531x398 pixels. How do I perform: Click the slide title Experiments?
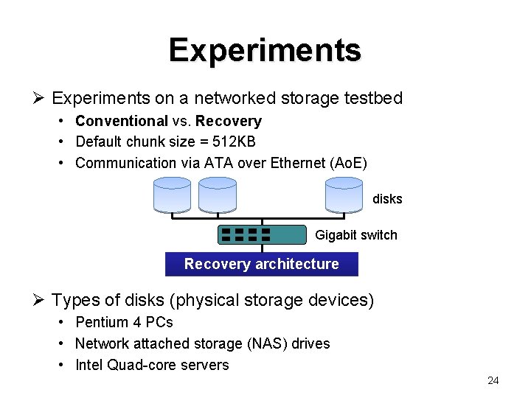(x=265, y=50)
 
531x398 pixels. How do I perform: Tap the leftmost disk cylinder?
(x=172, y=195)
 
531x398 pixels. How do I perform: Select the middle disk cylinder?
(x=218, y=195)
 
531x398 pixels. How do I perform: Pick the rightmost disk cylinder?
(x=344, y=195)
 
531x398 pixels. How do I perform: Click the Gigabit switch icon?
(x=262, y=234)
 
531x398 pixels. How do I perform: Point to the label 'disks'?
(x=387, y=199)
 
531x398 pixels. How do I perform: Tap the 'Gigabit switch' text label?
(x=355, y=235)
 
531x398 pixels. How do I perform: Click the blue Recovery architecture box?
(x=262, y=264)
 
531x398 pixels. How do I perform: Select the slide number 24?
(x=493, y=380)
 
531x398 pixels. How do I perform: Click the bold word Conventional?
(x=122, y=121)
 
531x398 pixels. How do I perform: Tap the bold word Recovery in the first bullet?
(x=229, y=121)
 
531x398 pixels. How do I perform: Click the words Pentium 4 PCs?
(x=124, y=322)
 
